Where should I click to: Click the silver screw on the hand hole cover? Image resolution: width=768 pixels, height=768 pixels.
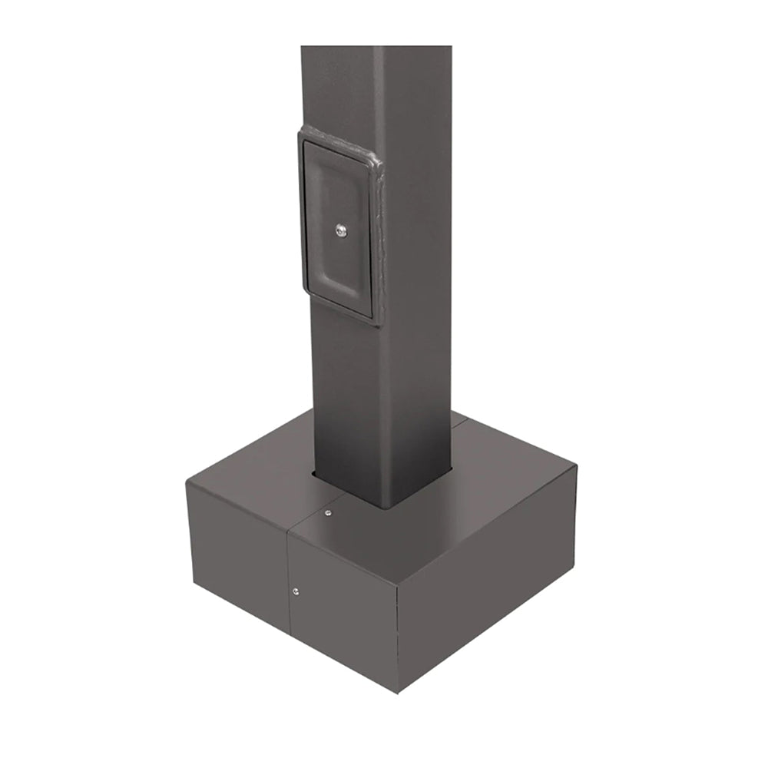pos(341,229)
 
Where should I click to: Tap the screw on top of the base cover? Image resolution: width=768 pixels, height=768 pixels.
pos(328,513)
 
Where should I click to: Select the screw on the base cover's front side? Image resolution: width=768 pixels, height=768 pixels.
pos(296,591)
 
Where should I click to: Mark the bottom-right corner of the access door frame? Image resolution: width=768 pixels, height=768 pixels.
pos(376,323)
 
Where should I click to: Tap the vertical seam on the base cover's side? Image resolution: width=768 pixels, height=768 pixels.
pos(289,584)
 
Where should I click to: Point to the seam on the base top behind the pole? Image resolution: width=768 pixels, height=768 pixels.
pos(459,419)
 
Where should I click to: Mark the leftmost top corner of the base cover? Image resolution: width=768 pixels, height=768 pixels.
pos(187,480)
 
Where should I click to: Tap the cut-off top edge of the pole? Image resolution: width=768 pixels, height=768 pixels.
pos(376,48)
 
